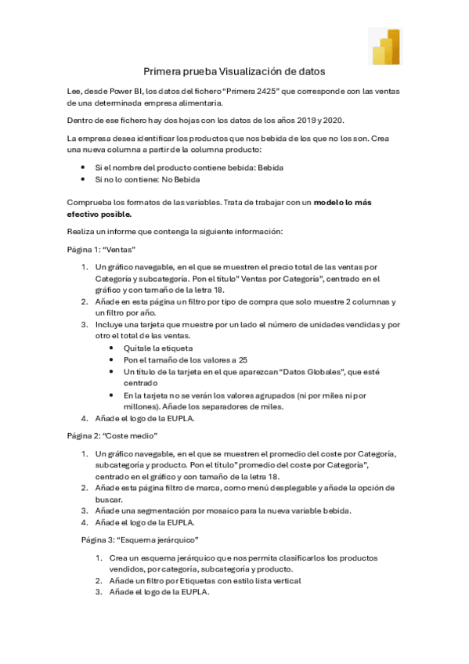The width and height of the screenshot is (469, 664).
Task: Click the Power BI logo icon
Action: click(384, 47)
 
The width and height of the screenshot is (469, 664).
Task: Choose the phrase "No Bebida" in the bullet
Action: click(181, 179)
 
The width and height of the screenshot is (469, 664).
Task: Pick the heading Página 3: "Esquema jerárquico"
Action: click(139, 540)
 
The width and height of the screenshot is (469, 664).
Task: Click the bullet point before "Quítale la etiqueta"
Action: click(114, 348)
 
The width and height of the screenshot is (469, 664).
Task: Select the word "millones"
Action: click(142, 407)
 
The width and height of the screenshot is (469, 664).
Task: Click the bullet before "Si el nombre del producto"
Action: click(84, 168)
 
